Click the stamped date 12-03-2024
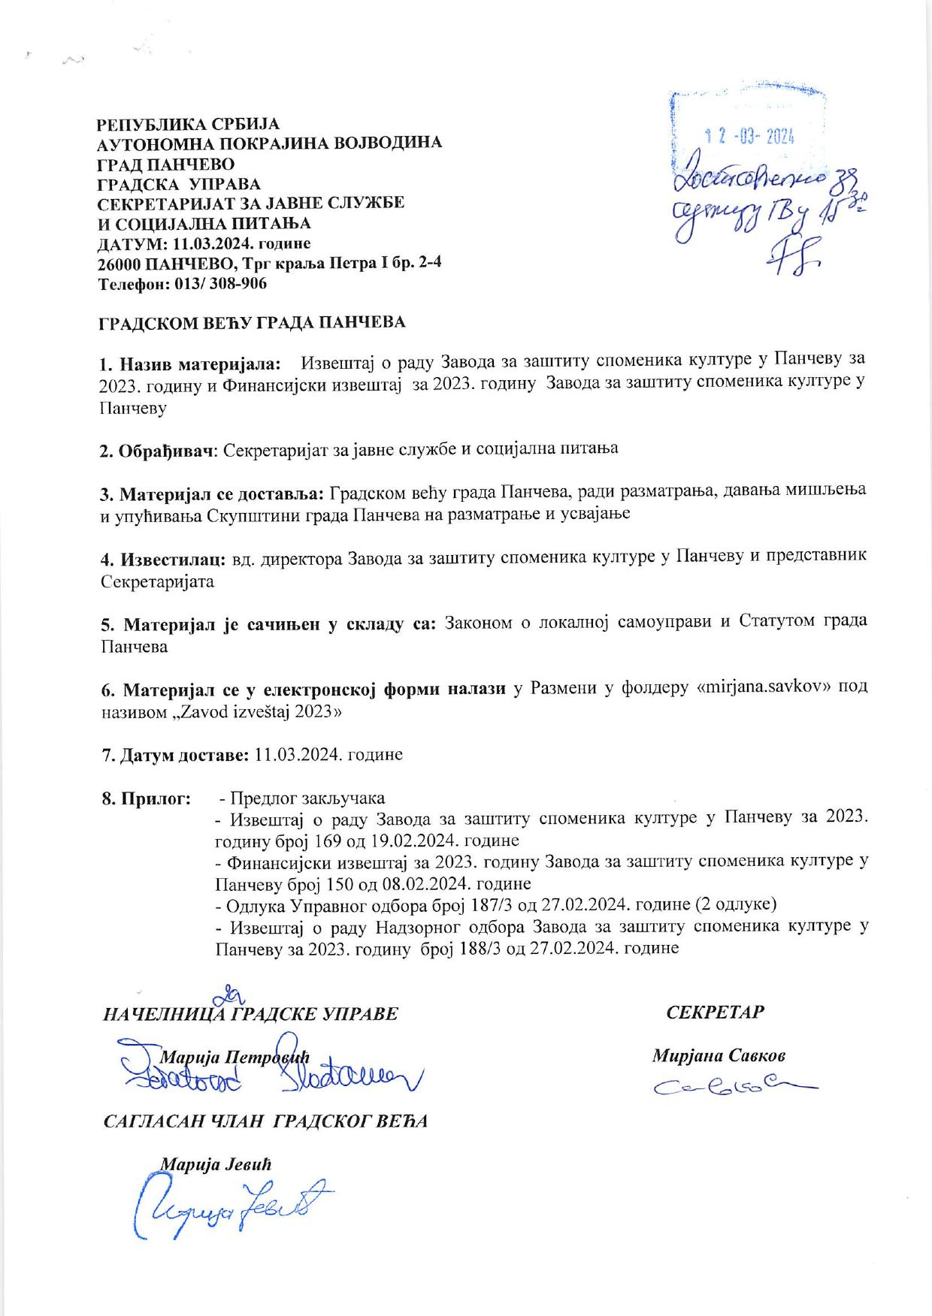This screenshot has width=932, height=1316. point(750,136)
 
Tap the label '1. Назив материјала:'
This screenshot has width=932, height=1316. point(191,365)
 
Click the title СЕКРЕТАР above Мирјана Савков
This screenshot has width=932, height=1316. point(716,1012)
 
